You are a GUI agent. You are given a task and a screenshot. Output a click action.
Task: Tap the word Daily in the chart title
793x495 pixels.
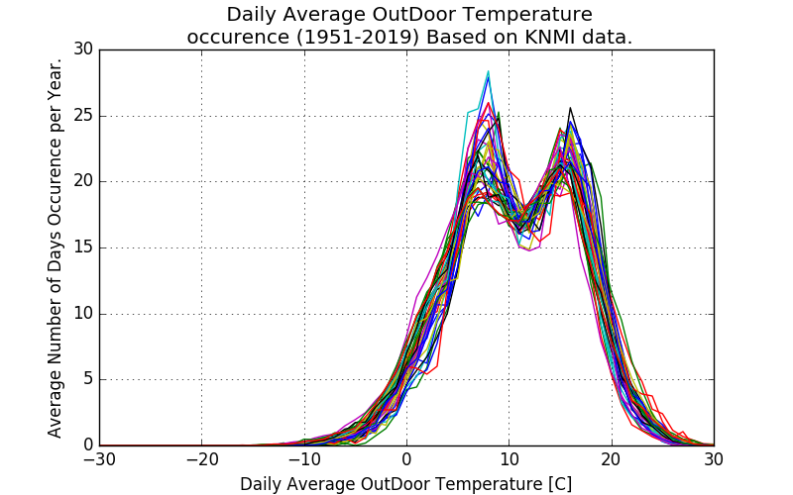tap(252, 15)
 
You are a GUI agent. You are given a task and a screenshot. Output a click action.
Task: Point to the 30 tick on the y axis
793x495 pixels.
tap(83, 49)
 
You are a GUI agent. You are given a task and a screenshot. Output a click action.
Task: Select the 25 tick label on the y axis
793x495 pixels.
tap(83, 116)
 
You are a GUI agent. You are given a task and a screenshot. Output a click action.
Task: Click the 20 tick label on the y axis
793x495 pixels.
tap(83, 181)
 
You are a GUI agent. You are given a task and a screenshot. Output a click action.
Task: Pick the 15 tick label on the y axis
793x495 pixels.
tap(83, 247)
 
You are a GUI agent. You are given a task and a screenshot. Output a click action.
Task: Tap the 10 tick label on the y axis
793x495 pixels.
tap(83, 314)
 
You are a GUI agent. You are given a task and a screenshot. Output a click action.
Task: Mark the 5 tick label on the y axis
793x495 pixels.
tap(88, 379)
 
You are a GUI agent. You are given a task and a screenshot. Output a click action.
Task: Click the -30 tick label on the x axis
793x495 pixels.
tap(99, 460)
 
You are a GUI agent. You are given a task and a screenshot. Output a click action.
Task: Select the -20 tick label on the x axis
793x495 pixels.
tap(201, 460)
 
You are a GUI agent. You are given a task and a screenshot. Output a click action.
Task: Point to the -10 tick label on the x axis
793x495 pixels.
tap(303, 460)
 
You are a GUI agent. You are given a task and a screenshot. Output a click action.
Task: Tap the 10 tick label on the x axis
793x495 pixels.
tap(509, 460)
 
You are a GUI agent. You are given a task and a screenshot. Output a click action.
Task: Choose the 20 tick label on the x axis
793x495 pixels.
tap(612, 460)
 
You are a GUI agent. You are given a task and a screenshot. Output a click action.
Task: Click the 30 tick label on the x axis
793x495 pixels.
tap(714, 460)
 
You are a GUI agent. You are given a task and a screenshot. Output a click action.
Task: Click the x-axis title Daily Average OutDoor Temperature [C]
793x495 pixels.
tap(405, 484)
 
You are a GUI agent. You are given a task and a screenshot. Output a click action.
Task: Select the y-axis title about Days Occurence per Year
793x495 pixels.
tap(56, 247)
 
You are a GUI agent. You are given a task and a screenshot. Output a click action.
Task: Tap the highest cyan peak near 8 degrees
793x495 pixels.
tap(489, 71)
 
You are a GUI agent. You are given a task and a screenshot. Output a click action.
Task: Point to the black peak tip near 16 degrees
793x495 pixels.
tap(570, 108)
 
